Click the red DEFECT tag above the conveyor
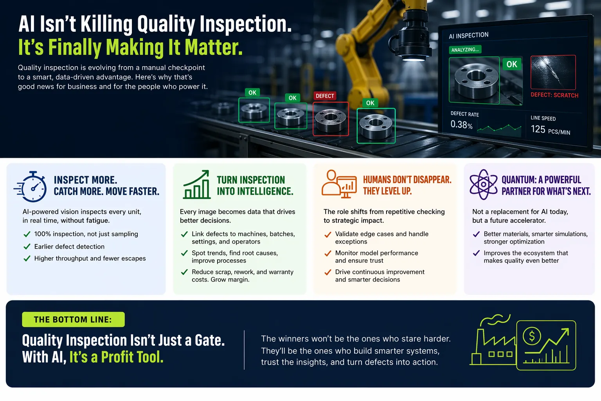(325, 96)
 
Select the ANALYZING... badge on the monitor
(465, 50)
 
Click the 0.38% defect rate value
(461, 125)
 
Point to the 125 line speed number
(538, 129)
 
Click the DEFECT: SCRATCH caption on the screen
(554, 95)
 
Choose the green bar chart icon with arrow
(196, 184)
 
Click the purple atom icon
(483, 184)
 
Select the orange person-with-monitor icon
(339, 184)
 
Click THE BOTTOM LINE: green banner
(73, 319)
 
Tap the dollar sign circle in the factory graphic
(531, 336)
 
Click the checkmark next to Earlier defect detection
(27, 246)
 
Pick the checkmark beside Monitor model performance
(327, 253)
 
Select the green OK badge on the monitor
(512, 64)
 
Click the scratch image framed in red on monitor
(553, 72)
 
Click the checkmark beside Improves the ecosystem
(476, 253)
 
